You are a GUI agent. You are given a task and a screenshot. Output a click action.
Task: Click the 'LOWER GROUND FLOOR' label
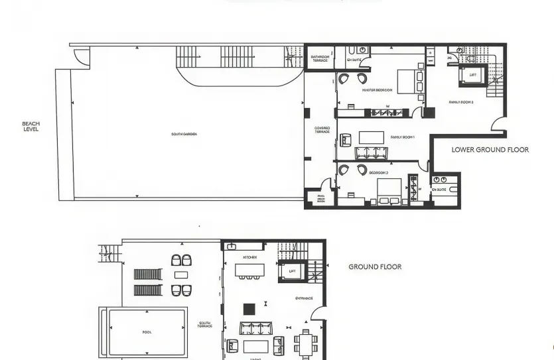[x=490, y=150]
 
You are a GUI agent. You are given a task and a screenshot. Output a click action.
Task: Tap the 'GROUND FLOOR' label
[x=375, y=267]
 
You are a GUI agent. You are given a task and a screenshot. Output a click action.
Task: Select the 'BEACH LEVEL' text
[x=31, y=126]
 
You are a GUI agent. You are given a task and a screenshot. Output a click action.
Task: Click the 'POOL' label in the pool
[x=147, y=332]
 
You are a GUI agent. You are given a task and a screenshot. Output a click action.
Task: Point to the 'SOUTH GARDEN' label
[x=184, y=134]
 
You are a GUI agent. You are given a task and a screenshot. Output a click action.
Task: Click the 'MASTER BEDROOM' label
[x=377, y=90]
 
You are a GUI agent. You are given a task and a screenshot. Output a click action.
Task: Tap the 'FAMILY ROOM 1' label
[x=402, y=137]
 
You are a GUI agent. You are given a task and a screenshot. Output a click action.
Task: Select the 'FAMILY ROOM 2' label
[x=460, y=102]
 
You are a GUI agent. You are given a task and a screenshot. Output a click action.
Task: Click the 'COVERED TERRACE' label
[x=322, y=130]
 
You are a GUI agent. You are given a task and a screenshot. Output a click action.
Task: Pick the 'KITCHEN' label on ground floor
[x=249, y=257]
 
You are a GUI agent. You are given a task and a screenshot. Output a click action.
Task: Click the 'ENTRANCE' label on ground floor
[x=304, y=298]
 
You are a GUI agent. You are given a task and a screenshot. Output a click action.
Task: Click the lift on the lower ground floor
[x=472, y=75]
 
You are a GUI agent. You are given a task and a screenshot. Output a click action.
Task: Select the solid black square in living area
[x=249, y=308]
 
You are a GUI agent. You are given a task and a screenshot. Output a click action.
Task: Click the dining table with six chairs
[x=306, y=344]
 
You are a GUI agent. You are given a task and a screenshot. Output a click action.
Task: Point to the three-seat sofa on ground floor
[x=257, y=328]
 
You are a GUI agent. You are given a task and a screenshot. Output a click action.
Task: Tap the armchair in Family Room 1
[x=346, y=140]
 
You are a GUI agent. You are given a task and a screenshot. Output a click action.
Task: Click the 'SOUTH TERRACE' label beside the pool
[x=204, y=325]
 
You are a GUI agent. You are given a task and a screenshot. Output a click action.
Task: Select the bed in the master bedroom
[x=407, y=80]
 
